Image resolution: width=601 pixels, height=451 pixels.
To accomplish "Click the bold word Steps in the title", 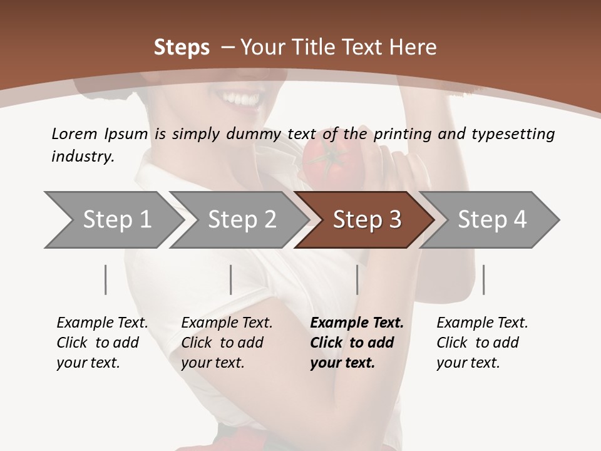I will pyautogui.click(x=182, y=48).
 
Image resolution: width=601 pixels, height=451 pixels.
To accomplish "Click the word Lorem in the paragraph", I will pyautogui.click(x=74, y=133).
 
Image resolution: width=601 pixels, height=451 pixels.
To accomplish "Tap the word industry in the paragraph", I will pyautogui.click(x=83, y=157).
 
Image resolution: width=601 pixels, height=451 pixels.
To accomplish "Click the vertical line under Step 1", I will pyautogui.click(x=105, y=279).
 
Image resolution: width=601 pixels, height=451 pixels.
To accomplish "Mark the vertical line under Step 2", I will pyautogui.click(x=231, y=279).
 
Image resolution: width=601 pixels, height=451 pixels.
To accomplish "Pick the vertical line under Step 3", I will pyautogui.click(x=357, y=279).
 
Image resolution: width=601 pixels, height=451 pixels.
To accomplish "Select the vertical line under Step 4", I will pyautogui.click(x=483, y=279).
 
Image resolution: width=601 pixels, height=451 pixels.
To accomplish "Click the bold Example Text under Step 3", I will pyautogui.click(x=357, y=323).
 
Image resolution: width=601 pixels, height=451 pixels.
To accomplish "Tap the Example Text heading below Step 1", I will pyautogui.click(x=102, y=323).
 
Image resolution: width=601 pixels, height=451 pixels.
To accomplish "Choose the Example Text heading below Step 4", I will pyautogui.click(x=482, y=323).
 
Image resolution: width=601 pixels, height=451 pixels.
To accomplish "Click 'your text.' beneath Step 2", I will pyautogui.click(x=213, y=363).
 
